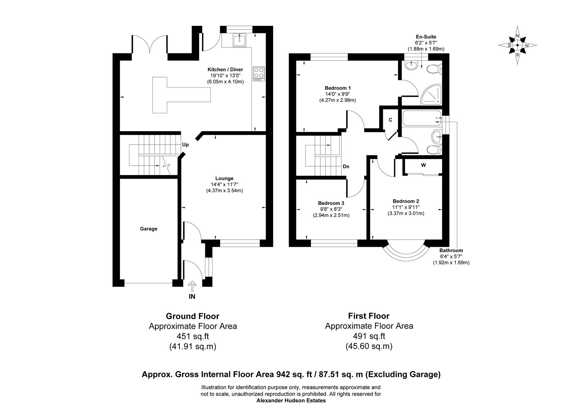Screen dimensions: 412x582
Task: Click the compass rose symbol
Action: (517, 45)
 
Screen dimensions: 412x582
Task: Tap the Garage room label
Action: (149, 229)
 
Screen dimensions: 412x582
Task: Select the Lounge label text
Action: (224, 179)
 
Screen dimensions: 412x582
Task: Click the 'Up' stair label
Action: (185, 145)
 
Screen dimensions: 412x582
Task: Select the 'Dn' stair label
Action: (346, 167)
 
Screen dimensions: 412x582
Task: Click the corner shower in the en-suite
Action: (431, 94)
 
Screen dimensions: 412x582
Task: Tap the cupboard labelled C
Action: (390, 120)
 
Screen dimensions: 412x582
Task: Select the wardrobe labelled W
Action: (423, 166)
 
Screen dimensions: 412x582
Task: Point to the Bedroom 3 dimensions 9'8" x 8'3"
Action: (331, 209)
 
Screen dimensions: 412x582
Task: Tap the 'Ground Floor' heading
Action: (192, 316)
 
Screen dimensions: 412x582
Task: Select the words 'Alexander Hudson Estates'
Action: (291, 401)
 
